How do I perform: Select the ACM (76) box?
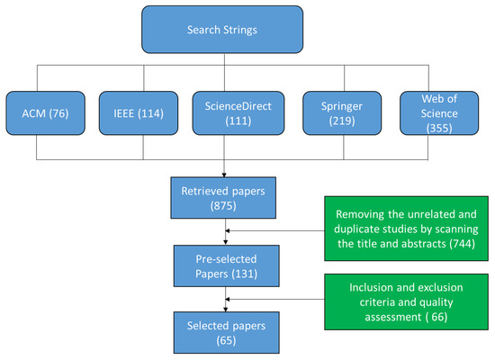[x=45, y=115]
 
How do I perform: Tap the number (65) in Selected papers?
[x=222, y=342]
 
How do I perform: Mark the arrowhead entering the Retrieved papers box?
[x=222, y=175]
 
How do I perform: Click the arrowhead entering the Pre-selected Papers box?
[x=222, y=244]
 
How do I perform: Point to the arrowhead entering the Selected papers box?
[x=222, y=310]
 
